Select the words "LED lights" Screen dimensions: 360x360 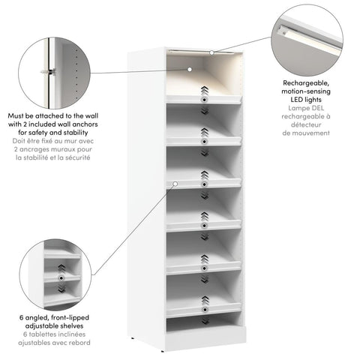pos(309,100)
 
